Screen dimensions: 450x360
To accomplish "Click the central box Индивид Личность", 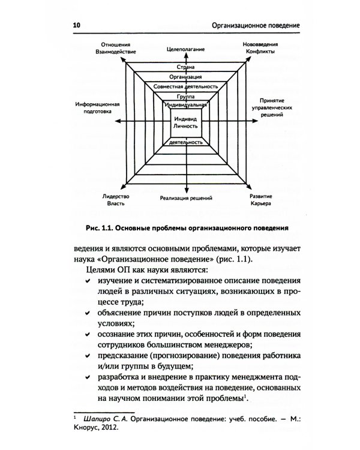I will point(185,122).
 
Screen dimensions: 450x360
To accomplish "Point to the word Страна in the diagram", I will point(186,68).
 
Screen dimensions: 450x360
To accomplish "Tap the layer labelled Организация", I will point(185,77).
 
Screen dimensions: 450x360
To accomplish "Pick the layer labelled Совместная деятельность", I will point(185,87).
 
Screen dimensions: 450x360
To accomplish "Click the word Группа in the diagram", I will point(185,96).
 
